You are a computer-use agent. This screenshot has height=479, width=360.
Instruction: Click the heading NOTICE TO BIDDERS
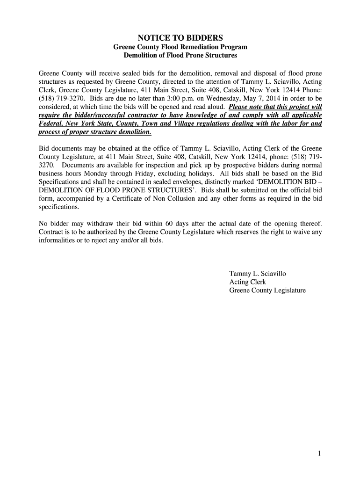click(x=180, y=37)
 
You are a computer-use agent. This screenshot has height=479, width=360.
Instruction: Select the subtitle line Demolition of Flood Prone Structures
click(x=180, y=55)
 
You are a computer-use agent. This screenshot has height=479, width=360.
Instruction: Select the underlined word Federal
click(x=51, y=124)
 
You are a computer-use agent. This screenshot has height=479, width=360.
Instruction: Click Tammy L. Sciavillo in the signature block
click(x=257, y=274)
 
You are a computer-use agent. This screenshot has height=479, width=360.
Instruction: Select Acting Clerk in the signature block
click(x=247, y=282)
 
